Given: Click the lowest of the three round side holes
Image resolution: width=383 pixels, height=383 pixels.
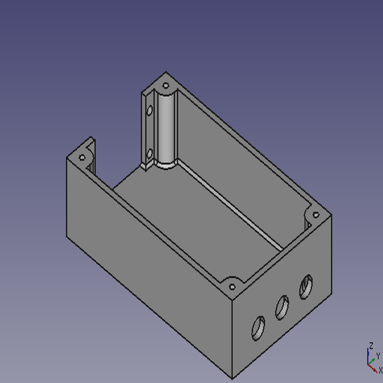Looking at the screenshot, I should click(258, 328).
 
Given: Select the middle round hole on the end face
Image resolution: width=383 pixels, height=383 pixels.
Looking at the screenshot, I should click(282, 307).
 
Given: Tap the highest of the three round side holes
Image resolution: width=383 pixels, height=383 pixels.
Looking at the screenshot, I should click(306, 287).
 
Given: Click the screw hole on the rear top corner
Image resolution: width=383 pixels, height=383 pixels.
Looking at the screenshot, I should click(166, 86).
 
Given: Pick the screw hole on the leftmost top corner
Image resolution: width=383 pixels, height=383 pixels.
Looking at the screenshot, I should click(82, 157).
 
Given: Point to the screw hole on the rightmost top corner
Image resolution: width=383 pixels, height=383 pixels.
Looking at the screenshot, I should click(316, 215).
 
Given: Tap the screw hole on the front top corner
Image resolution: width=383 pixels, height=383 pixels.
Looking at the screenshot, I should click(232, 287).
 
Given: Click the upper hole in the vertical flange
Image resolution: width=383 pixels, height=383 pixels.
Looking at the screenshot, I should click(150, 111).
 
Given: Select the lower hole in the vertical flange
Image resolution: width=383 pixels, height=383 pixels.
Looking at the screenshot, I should click(149, 153).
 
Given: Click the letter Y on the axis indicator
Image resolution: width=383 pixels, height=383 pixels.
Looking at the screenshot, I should click(378, 356).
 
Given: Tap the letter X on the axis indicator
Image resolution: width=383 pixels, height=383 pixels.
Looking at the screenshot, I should click(380, 370).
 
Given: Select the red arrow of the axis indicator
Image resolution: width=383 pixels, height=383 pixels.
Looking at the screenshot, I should click(373, 368).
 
